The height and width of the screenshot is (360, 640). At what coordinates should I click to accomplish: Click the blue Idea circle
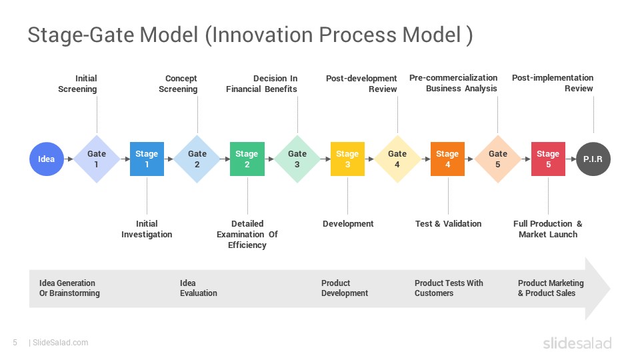47,159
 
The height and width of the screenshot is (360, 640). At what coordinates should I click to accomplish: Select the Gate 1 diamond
97,159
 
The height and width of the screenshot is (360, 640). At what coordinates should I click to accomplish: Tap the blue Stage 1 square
147,159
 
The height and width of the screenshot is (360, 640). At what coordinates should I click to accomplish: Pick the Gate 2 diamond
197,159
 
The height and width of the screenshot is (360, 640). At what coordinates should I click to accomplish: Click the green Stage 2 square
247,159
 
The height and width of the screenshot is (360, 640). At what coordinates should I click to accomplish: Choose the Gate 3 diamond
297,159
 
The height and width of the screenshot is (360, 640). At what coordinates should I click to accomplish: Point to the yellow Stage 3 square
347,159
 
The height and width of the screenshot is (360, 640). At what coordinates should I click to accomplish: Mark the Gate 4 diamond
397,159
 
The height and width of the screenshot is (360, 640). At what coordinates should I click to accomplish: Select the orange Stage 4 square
447,159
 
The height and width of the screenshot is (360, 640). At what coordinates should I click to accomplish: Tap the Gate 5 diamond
498,159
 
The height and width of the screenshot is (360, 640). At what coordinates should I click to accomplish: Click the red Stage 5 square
548,159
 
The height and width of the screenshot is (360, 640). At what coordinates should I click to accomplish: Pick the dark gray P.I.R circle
593,159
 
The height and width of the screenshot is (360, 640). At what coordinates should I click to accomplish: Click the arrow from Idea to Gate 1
68,159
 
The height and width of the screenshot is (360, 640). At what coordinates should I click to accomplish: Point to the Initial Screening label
78,84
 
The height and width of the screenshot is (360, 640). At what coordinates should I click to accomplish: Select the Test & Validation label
448,224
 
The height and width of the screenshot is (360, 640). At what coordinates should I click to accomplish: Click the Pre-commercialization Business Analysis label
455,83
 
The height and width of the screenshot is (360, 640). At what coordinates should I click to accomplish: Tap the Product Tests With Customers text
449,288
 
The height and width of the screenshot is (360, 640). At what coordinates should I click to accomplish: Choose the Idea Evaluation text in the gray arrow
198,288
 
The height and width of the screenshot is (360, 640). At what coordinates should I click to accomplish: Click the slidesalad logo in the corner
577,343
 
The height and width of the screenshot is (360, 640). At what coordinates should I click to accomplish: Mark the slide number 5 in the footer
15,343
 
